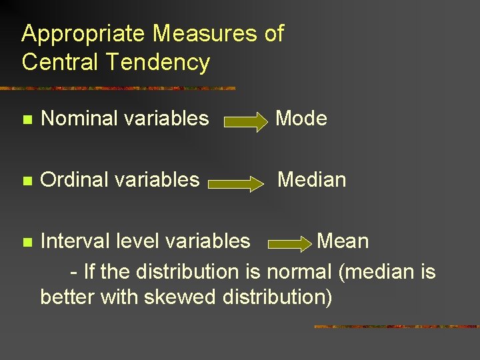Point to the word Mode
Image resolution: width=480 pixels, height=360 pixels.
pyautogui.click(x=301, y=119)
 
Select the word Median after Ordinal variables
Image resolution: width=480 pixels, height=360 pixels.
pyautogui.click(x=311, y=179)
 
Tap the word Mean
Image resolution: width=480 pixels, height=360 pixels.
pyautogui.click(x=342, y=241)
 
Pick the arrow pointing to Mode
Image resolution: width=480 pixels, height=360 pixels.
pyautogui.click(x=245, y=122)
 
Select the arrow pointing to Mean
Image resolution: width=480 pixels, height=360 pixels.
pyautogui.click(x=289, y=243)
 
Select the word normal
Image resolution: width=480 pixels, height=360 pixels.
pyautogui.click(x=299, y=271)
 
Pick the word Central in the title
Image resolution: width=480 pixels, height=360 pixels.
pyautogui.click(x=58, y=62)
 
